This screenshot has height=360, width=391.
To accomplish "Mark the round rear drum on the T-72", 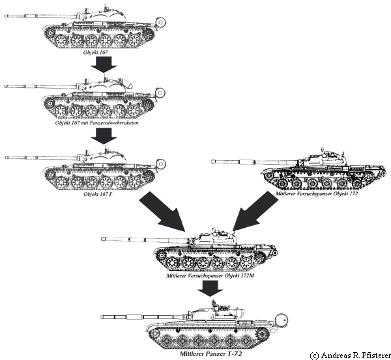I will pyautogui.click(x=282, y=320).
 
